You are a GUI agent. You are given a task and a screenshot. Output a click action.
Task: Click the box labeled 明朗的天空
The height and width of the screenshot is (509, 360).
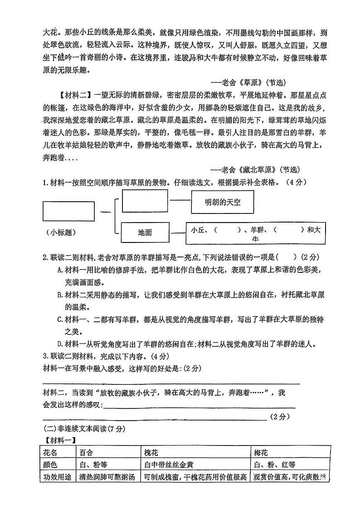tap(222, 203)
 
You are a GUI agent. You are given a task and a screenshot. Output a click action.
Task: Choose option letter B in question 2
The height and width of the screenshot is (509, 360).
tap(60, 295)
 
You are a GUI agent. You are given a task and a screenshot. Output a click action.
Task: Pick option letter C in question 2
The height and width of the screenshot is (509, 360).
tap(60, 320)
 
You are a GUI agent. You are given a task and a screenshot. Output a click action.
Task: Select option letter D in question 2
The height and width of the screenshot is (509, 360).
tap(60, 344)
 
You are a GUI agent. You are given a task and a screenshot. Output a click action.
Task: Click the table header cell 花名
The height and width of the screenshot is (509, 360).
tap(50, 452)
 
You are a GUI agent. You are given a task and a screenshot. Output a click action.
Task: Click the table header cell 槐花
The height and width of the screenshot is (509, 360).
tap(151, 452)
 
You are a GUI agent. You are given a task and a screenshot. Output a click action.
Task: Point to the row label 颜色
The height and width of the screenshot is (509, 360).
tap(50, 465)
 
